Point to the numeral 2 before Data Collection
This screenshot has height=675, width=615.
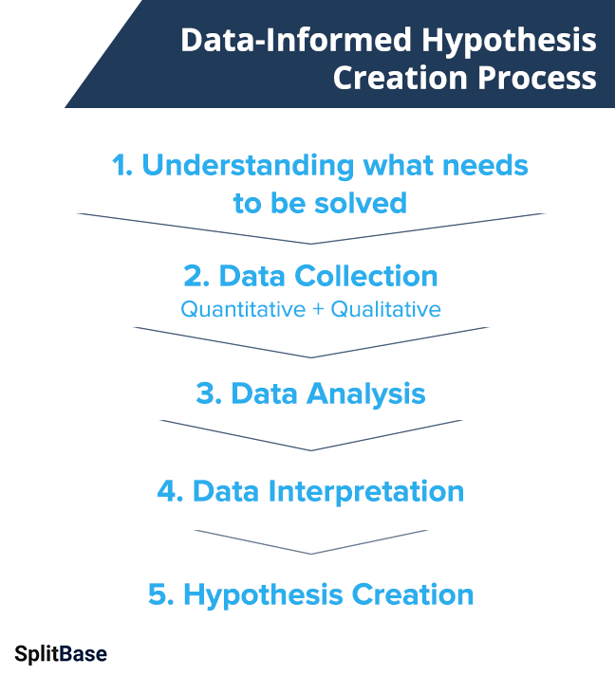tap(193, 276)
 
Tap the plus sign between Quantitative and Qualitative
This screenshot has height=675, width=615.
tap(317, 309)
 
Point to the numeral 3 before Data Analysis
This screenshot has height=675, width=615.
tap(204, 393)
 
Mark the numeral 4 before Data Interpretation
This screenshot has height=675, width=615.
tap(166, 491)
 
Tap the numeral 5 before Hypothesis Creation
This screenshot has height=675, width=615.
tap(158, 594)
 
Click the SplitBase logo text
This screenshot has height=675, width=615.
tap(61, 653)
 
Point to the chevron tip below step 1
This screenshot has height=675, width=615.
tap(311, 244)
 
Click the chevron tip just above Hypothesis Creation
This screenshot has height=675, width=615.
tap(311, 554)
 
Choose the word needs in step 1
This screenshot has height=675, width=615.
tap(487, 165)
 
